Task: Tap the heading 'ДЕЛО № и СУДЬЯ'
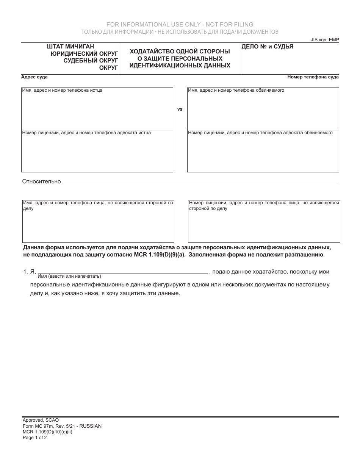tap(267, 47)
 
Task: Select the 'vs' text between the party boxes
tap(180, 109)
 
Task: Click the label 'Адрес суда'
tap(34, 77)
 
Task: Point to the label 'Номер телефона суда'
tap(313, 77)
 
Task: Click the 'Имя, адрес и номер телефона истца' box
tap(97, 110)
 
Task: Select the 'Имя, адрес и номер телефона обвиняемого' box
tap(263, 110)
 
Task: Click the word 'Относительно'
tap(41, 181)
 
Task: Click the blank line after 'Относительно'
tap(200, 182)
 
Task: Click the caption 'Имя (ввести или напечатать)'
tap(69, 276)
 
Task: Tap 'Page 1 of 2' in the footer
tap(35, 437)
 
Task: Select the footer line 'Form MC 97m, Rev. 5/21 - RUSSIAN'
tap(62, 426)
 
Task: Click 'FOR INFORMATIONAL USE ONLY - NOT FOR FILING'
tap(180, 25)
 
